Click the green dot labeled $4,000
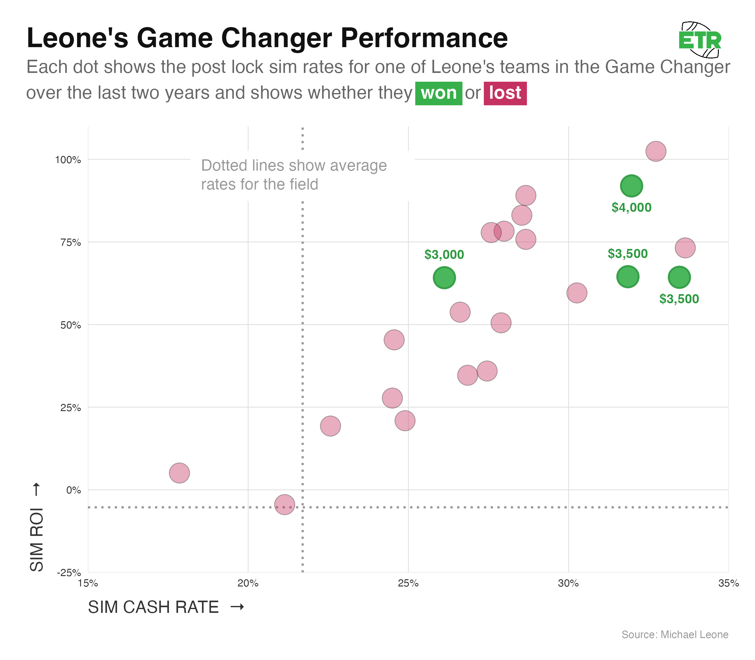coord(631,186)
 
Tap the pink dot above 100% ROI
coord(656,151)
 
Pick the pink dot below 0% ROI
coord(285,504)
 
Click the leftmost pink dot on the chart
coord(179,473)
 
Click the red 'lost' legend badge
coord(505,93)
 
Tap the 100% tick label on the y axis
coord(68,160)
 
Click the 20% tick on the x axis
coord(248,583)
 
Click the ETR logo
coord(700,40)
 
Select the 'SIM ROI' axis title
coord(37,540)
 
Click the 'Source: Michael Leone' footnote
coord(675,635)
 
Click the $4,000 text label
coord(631,208)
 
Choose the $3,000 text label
coord(444,255)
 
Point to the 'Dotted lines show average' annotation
coord(294,166)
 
